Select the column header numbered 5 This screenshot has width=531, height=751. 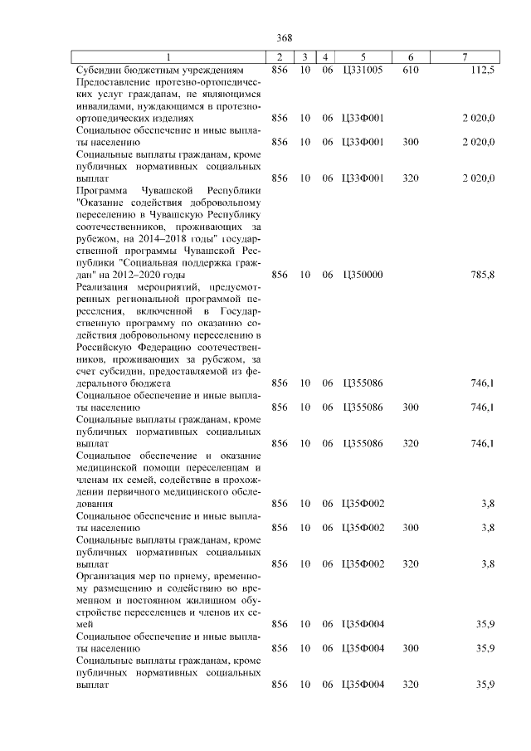tap(363, 57)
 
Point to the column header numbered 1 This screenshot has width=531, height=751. tap(168, 57)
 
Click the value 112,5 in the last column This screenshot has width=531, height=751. tap(480, 71)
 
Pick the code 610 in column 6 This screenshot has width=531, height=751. tap(410, 71)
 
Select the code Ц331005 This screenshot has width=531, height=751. tap(363, 71)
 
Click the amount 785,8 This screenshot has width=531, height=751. tap(482, 275)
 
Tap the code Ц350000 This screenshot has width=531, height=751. tap(363, 275)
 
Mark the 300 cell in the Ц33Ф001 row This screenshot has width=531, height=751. tap(410, 142)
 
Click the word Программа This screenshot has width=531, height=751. tap(100, 190)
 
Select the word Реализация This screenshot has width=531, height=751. tap(103, 286)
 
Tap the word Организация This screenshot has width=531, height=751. tap(105, 576)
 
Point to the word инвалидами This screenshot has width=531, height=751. tap(101, 106)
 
